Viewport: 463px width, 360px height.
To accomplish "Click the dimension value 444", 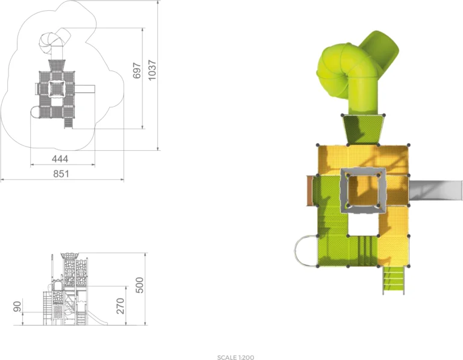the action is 60,159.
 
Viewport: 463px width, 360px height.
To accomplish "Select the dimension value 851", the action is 61,174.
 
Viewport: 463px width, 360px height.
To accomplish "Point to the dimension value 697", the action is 137,71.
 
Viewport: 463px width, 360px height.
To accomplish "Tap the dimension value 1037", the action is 152,70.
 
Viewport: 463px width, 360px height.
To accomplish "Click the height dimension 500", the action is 139,285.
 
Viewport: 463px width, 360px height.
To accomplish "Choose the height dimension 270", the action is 120,306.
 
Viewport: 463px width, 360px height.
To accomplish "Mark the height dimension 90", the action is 17,306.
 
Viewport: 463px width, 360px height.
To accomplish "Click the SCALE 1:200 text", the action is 235,358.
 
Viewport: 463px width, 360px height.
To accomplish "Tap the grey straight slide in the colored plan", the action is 435,191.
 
